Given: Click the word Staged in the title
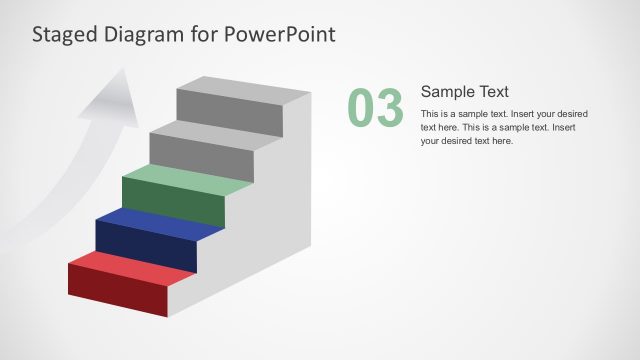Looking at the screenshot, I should (62, 35).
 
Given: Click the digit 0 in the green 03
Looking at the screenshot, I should (361, 109).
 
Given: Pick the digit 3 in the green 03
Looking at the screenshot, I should (388, 109).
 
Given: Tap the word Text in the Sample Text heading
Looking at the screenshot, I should (493, 91).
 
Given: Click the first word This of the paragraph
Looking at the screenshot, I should (430, 114).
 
